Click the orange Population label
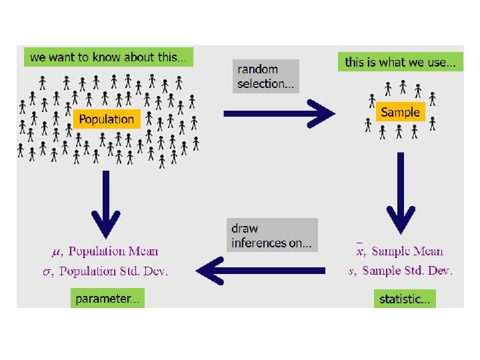coord(107,119)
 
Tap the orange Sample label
coord(400,112)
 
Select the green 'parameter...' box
coord(107,299)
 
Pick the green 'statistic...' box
coord(405,299)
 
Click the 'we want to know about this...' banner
coord(109,57)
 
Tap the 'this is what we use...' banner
coord(400,62)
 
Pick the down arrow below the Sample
coord(401,193)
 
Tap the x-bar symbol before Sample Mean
coord(360,251)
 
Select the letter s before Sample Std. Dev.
coord(351,271)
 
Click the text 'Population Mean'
coord(113,251)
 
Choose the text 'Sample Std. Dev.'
coord(408,271)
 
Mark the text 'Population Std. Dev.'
coord(118,271)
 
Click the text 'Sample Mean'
coord(407,251)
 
